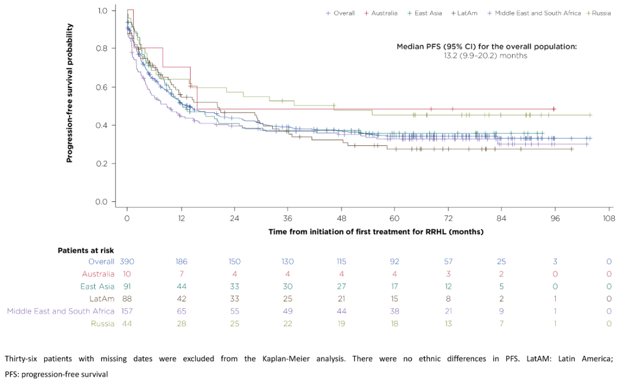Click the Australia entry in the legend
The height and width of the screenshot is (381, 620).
[x=384, y=13]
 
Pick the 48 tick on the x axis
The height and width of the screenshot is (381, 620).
[x=341, y=218]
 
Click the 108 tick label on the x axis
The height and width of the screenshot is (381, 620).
[x=609, y=218]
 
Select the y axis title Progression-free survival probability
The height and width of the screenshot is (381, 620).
[x=70, y=93]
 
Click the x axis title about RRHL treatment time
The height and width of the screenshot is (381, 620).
[x=375, y=232]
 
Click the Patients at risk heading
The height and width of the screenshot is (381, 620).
[x=86, y=251]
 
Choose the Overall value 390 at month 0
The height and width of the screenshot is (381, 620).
[x=127, y=261]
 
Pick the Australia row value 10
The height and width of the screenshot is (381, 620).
[x=127, y=274]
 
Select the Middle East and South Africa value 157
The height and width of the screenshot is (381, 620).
[x=127, y=311]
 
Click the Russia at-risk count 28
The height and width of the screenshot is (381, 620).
[x=181, y=324]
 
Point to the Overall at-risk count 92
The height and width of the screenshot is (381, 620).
[x=395, y=261]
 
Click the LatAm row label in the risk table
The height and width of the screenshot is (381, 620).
[x=102, y=299]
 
